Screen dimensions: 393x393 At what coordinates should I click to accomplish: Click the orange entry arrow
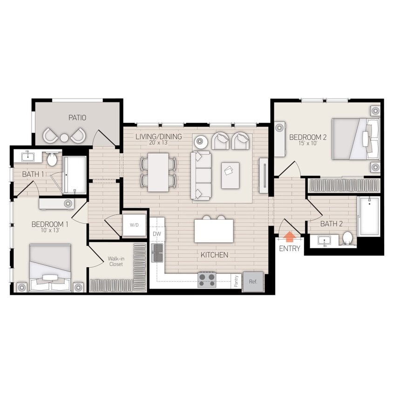coord(289,237)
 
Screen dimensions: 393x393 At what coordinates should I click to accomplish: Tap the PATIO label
coord(77,118)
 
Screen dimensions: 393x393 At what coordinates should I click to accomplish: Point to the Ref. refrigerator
coord(253,282)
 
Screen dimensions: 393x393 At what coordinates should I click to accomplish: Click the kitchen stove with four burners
coord(207,279)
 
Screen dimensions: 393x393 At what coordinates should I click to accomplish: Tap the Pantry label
coord(237,282)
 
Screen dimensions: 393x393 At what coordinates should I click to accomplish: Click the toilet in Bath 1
coord(53,160)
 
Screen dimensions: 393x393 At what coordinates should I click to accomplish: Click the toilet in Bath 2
coord(347,238)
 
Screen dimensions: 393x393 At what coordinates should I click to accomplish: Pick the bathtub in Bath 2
coord(368,216)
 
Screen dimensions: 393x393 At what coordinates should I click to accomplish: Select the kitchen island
coord(214,231)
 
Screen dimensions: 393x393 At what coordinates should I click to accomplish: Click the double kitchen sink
coord(158,252)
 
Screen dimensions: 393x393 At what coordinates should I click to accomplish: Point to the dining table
coord(158,172)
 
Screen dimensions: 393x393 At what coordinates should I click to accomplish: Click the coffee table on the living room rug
coord(230,175)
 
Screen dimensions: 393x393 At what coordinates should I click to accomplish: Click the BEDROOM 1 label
coord(50,224)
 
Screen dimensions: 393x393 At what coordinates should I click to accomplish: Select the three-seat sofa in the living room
coord(203,175)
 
